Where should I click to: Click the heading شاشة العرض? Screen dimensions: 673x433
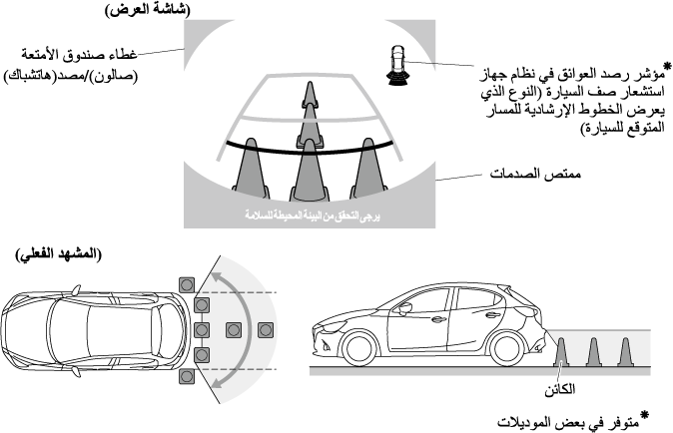tap(148, 9)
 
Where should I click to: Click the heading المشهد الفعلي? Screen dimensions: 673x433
tap(58, 254)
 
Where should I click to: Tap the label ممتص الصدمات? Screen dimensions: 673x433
tap(535, 174)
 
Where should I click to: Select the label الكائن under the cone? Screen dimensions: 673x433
tap(560, 390)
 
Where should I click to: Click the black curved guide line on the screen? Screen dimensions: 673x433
tap(310, 149)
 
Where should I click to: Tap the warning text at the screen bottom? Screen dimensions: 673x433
tap(313, 216)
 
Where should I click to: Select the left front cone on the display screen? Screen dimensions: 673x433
tap(251, 170)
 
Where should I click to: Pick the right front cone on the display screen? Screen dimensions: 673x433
tap(368, 170)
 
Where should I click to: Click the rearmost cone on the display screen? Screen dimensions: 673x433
tap(309, 94)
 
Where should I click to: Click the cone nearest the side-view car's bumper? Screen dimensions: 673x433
tap(561, 352)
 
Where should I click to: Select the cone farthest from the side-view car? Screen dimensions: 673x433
tap(625, 352)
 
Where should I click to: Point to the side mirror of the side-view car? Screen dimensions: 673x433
tap(405, 308)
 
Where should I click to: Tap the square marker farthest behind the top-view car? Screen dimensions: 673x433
tap(266, 330)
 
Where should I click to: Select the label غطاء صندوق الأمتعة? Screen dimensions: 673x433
tap(79, 55)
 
